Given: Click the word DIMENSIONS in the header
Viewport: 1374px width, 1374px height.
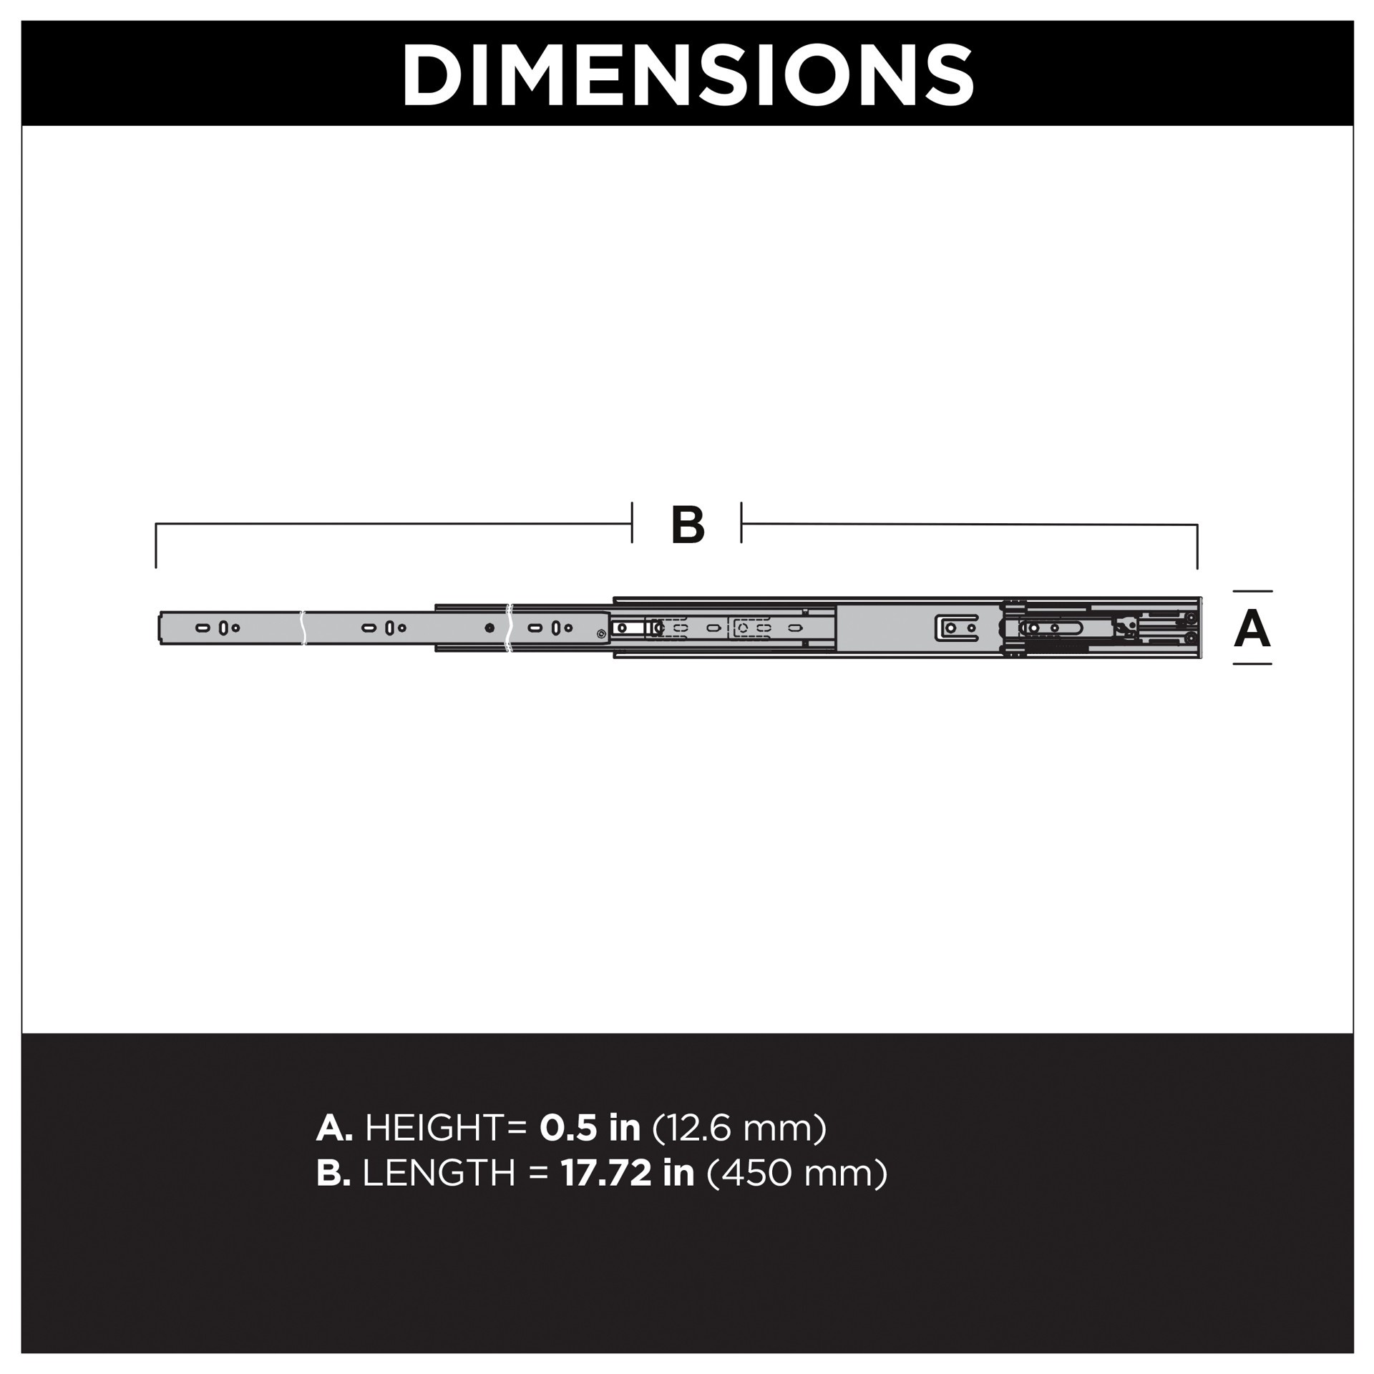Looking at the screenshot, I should (x=687, y=75).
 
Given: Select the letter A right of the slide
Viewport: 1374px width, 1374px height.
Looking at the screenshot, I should (x=1252, y=629).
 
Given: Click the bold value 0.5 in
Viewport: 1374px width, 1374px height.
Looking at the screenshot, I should (x=590, y=1128).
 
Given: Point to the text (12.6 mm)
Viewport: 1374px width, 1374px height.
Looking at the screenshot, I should (x=739, y=1128).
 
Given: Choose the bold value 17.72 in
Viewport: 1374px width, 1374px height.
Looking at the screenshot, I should (x=627, y=1173).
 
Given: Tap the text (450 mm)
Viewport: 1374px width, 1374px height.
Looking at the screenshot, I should (x=796, y=1173).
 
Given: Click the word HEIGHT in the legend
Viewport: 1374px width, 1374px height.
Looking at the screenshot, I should (x=434, y=1128).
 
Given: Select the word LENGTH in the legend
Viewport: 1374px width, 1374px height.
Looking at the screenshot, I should (x=439, y=1173).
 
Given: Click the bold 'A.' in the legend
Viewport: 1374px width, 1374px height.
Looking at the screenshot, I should (x=334, y=1128).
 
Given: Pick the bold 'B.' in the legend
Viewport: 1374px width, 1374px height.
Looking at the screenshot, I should (x=333, y=1173).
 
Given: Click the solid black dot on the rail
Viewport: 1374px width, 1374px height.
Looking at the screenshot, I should (x=489, y=628).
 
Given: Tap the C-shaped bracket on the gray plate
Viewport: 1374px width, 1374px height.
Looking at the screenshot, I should (x=957, y=628).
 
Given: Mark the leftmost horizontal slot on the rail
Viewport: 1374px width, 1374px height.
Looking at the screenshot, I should (x=203, y=628).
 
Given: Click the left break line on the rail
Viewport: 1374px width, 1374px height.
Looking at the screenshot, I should (x=303, y=628).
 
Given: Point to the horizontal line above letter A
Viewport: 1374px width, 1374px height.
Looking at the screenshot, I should (x=1252, y=591).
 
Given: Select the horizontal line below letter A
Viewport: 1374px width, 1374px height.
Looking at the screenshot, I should (x=1252, y=664).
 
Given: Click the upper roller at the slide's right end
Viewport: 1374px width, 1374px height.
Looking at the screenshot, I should (x=1191, y=618).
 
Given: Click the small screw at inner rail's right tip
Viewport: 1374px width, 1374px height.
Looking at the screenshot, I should (x=600, y=633).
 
